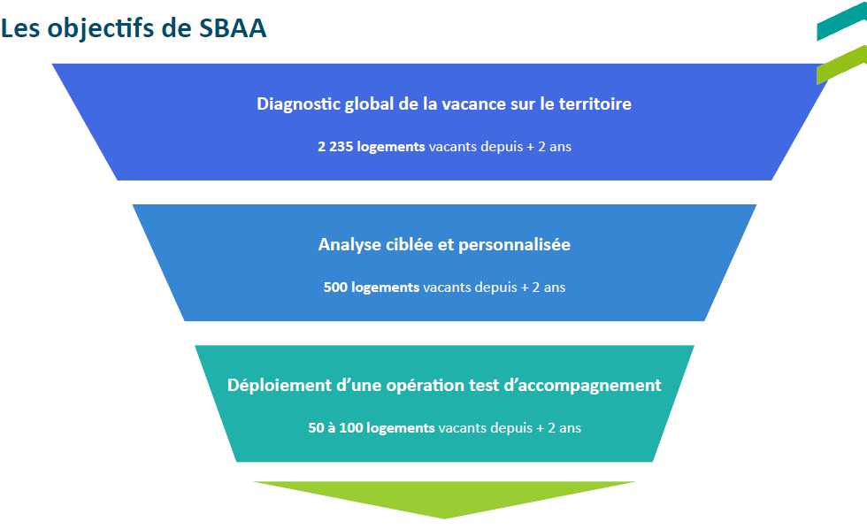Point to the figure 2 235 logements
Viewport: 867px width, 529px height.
click(x=372, y=146)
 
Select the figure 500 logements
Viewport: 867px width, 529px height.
click(x=372, y=287)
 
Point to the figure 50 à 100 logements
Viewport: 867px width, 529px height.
click(x=372, y=427)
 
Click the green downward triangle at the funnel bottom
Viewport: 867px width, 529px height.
click(x=444, y=497)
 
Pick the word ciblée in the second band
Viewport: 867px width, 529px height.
click(x=409, y=244)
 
